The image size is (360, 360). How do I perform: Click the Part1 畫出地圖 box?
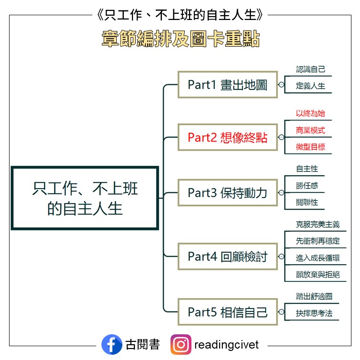click(x=227, y=85)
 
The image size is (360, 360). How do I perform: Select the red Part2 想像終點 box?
click(x=227, y=138)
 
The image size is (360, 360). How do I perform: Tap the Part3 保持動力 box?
click(x=227, y=193)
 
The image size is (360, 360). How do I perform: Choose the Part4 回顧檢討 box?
click(x=227, y=257)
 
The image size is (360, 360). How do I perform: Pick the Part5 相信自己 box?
click(x=227, y=312)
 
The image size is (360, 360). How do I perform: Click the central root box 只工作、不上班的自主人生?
click(x=85, y=198)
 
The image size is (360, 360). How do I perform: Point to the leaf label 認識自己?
click(x=310, y=70)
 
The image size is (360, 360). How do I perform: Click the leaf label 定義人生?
click(x=310, y=86)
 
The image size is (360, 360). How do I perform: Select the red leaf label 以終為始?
click(x=310, y=113)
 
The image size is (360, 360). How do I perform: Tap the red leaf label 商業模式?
click(x=310, y=130)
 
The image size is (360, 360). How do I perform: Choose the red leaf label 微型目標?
click(x=310, y=147)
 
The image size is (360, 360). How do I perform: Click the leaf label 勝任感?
click(x=307, y=186)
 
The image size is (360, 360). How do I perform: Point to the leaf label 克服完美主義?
click(x=318, y=224)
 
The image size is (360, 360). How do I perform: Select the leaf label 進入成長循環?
click(x=318, y=258)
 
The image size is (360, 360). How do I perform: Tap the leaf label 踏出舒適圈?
click(x=314, y=296)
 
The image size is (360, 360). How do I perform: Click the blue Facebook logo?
click(x=111, y=344)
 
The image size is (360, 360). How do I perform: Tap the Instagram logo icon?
click(x=181, y=344)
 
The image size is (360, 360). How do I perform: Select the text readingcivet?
click(x=227, y=344)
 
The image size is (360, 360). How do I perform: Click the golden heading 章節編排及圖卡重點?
click(x=180, y=40)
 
